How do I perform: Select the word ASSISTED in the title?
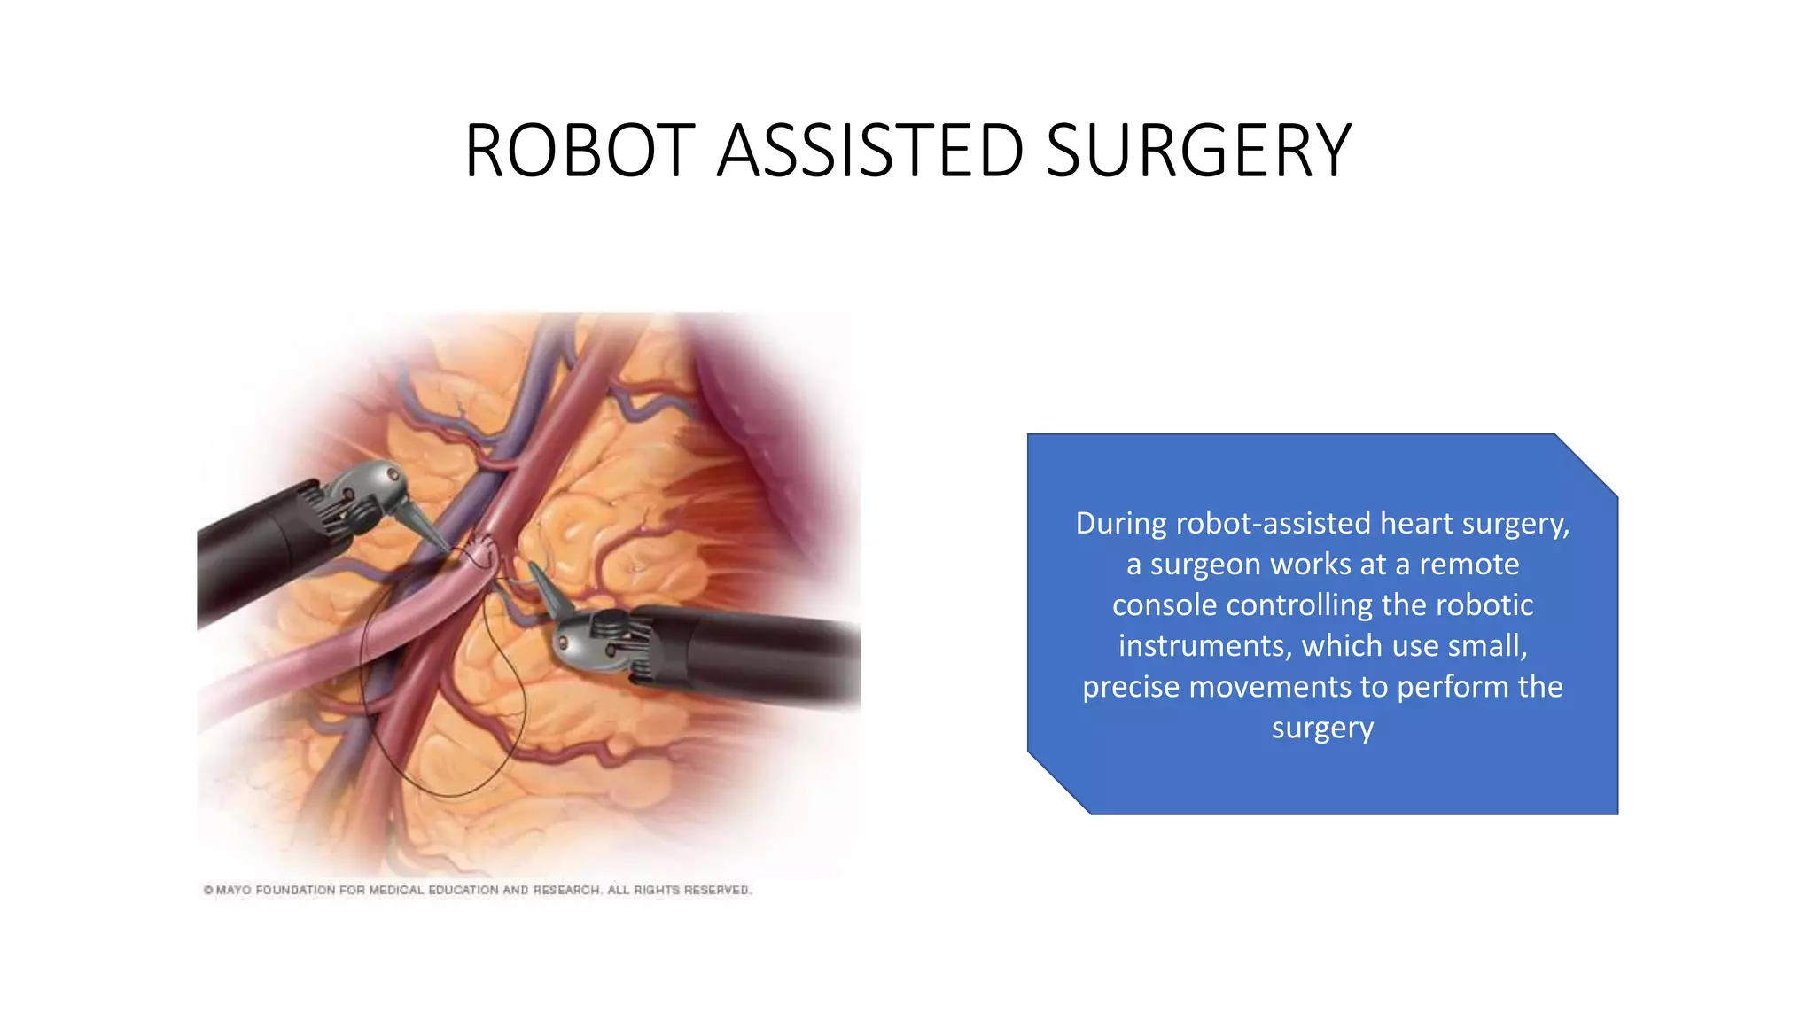[x=869, y=151]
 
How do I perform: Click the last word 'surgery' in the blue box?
[x=1322, y=729]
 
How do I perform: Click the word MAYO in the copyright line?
[x=233, y=890]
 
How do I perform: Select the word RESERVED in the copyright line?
[x=716, y=890]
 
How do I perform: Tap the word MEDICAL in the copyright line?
[x=396, y=890]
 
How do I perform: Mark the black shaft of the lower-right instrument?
[x=762, y=660]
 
